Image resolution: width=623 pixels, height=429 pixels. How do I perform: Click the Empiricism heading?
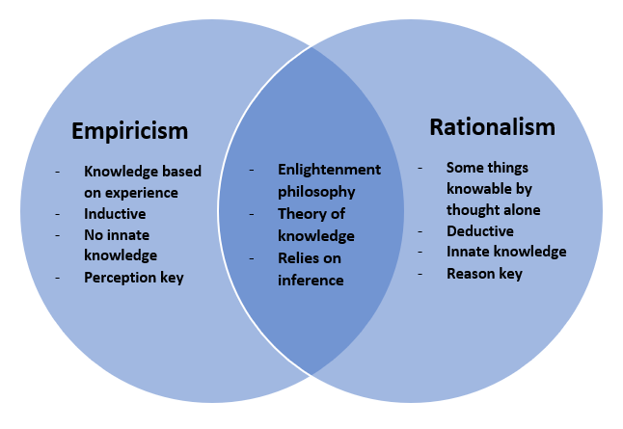pos(129,131)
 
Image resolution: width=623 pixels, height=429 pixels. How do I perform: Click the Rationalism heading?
pos(492,127)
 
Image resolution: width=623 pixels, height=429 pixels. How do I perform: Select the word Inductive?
pos(115,214)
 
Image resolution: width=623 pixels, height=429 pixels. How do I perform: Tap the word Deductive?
pos(480,230)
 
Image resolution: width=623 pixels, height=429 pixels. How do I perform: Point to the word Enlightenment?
pos(330,170)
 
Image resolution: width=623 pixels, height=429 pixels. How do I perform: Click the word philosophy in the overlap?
pos(316,192)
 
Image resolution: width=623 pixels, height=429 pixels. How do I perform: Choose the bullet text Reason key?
pos(484,274)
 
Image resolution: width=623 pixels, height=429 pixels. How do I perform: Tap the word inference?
pos(311,281)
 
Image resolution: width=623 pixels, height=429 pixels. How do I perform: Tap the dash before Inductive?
pos(58,214)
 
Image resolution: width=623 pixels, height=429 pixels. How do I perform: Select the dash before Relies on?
pos(252,258)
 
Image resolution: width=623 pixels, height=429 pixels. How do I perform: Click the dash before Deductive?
pos(420,231)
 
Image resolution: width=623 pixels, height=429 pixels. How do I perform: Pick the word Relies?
pos(298,258)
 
